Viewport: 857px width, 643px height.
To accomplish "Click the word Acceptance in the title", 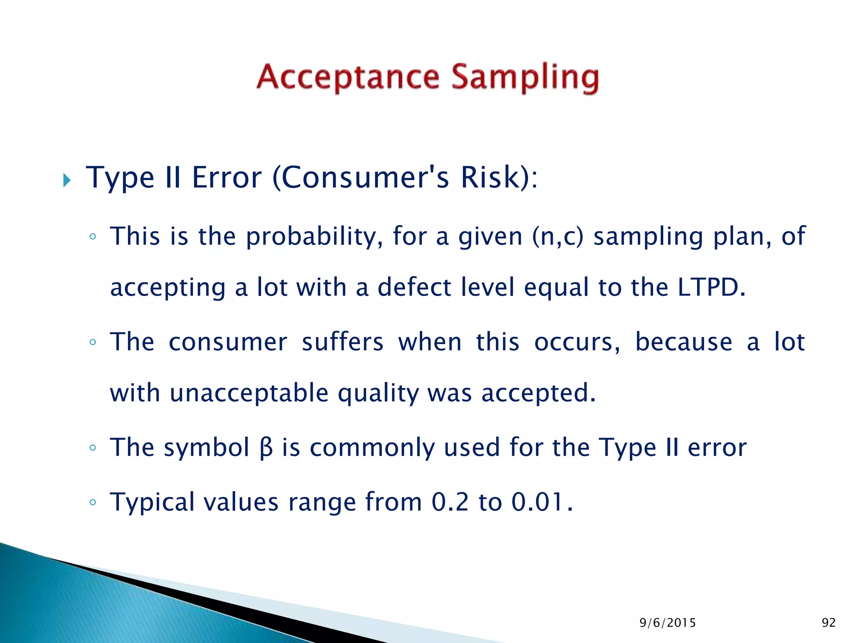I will (x=348, y=77).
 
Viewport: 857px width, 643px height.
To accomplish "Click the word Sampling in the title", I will (x=525, y=78).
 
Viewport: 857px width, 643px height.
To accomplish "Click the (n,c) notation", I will (x=557, y=237).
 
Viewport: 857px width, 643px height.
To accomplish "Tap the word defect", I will (x=414, y=288).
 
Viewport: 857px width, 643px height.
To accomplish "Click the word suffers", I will (x=342, y=342).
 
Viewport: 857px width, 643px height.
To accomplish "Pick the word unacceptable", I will (x=249, y=394).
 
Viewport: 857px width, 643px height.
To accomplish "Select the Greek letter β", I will (x=266, y=448).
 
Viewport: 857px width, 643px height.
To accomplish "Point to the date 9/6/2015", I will (x=667, y=623).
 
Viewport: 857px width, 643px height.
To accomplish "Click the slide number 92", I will (x=829, y=623).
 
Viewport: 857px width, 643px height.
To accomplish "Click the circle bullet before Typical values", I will (x=93, y=502).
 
